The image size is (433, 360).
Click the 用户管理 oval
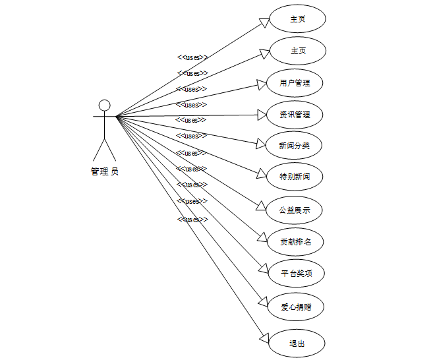click(x=294, y=83)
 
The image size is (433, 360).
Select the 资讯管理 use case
click(x=294, y=115)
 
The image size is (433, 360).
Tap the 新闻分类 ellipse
click(x=294, y=146)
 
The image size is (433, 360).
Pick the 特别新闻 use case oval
click(x=294, y=177)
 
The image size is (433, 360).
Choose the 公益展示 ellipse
click(x=294, y=210)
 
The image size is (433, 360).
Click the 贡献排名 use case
click(x=294, y=241)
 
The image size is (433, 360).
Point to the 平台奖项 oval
click(x=294, y=273)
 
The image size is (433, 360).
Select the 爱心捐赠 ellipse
click(x=294, y=306)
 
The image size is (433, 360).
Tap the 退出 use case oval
click(x=297, y=344)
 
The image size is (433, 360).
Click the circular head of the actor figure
click(x=104, y=105)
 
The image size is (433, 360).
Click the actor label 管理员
click(x=104, y=172)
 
